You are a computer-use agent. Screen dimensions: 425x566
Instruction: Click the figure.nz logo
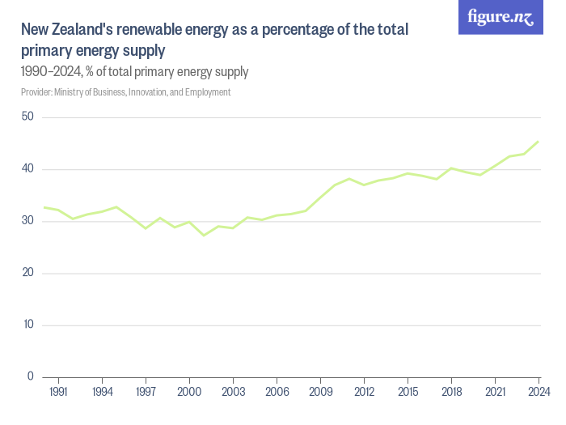point(501,17)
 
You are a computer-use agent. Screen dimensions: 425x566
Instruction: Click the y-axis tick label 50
point(27,117)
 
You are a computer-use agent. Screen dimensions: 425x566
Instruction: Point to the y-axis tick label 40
point(27,169)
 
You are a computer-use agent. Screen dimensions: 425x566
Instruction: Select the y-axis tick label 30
point(27,221)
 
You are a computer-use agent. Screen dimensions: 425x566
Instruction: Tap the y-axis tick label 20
point(27,273)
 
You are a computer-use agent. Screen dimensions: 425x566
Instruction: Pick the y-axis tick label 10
point(27,325)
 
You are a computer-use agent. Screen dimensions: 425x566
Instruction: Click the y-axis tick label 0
point(30,376)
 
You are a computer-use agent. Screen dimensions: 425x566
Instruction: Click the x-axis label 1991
point(58,393)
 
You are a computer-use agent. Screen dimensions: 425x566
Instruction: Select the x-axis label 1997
point(146,393)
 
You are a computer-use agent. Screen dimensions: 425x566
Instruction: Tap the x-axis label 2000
point(189,393)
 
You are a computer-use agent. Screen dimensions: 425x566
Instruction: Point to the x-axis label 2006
point(277,393)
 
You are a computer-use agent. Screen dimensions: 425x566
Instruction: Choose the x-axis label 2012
point(365,393)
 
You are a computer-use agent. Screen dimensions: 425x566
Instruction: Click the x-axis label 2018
point(452,393)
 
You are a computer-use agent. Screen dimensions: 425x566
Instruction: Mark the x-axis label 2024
point(539,393)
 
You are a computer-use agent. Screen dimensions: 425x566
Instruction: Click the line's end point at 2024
point(539,142)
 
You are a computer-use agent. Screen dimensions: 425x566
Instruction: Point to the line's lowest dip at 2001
point(204,235)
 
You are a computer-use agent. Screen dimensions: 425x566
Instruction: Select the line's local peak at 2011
point(349,178)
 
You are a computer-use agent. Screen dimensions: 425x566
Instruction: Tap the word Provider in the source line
point(36,92)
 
